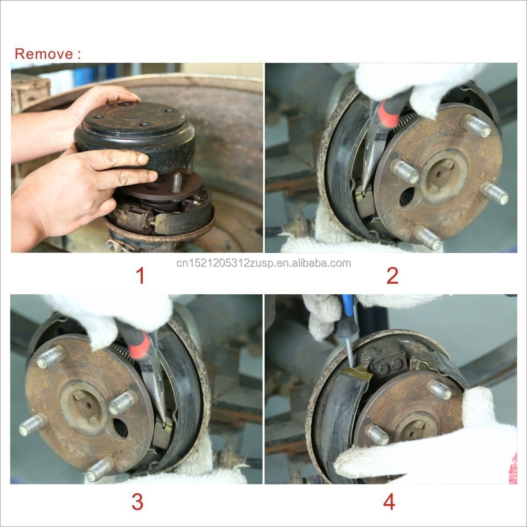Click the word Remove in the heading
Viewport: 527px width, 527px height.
43,54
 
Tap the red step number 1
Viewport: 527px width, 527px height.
140,275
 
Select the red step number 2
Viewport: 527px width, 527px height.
392,275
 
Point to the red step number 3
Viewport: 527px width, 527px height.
137,502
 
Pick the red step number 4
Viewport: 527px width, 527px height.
389,502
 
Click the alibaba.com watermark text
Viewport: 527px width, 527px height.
263,263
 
